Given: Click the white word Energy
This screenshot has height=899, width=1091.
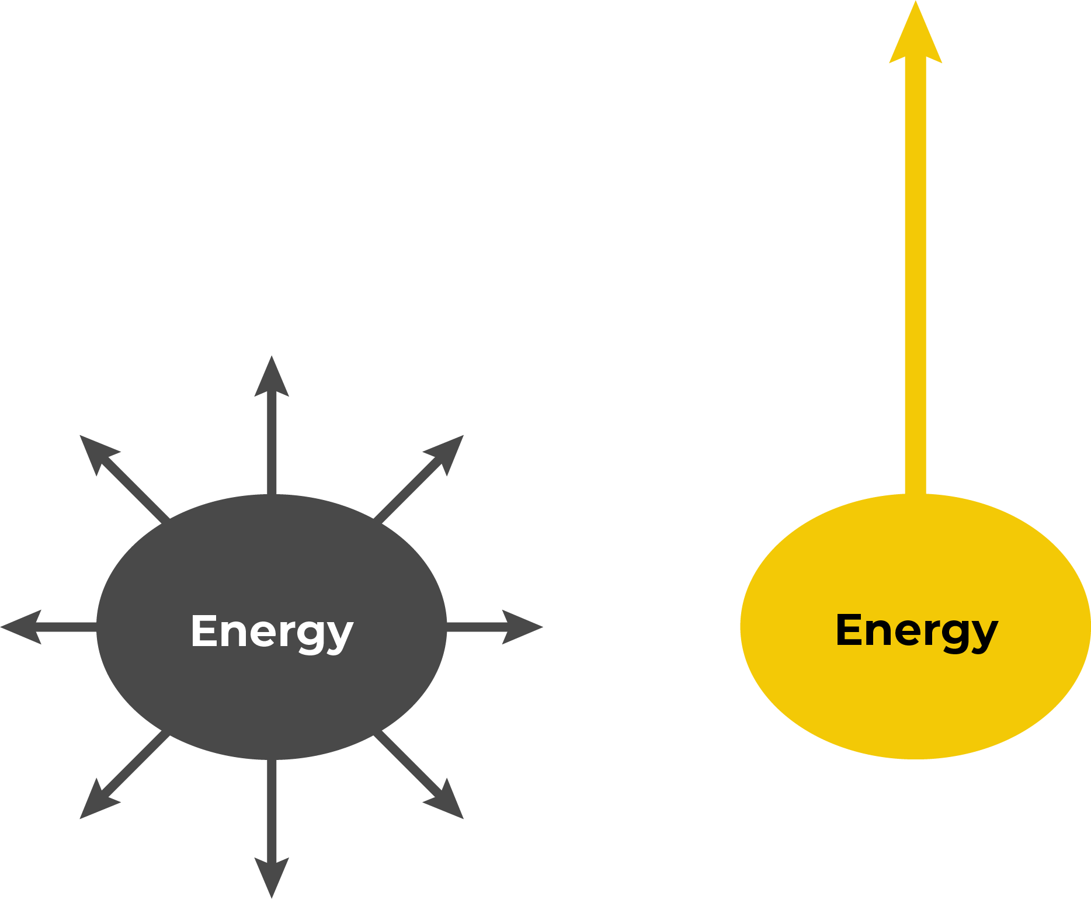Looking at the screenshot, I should pyautogui.click(x=272, y=631).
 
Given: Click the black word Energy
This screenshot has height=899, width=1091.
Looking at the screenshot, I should pyautogui.click(x=916, y=630).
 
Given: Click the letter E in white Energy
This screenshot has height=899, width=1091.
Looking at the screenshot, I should pyautogui.click(x=204, y=631).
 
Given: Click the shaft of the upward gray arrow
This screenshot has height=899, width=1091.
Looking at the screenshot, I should pyautogui.click(x=272, y=444).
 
